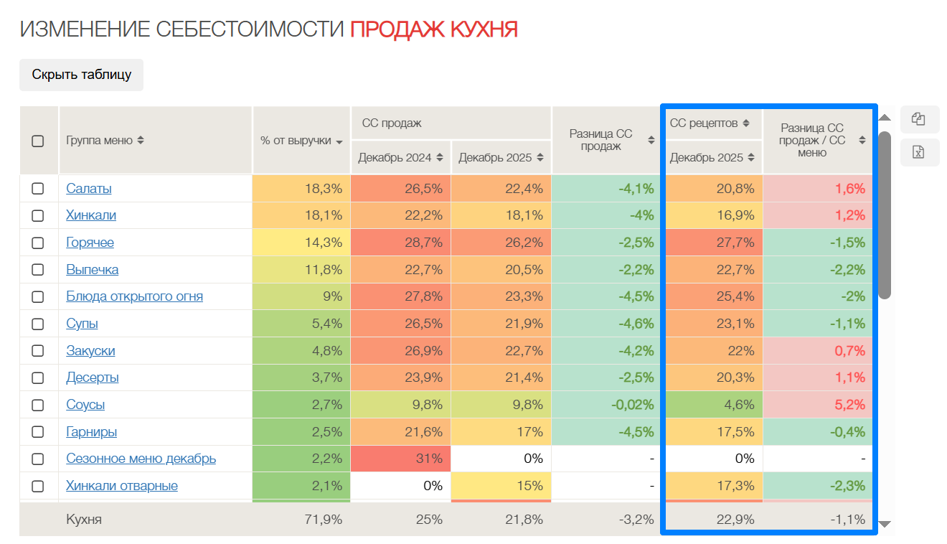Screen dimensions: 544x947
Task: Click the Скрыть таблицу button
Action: coord(81,75)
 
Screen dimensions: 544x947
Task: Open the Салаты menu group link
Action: coord(88,189)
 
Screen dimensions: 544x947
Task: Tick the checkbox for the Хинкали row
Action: coord(38,215)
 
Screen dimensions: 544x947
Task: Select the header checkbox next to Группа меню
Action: coord(38,141)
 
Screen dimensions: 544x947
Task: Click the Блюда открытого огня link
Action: coord(134,296)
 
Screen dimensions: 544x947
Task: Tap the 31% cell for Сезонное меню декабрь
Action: coord(401,459)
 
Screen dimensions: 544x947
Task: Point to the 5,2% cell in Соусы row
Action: coord(817,405)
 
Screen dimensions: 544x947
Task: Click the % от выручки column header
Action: coord(301,141)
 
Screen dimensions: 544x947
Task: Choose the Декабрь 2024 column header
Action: coord(400,157)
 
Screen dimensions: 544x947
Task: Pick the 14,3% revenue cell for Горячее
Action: coord(301,243)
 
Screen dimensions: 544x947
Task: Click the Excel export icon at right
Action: coord(918,151)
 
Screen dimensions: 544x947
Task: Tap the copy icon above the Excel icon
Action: coord(918,119)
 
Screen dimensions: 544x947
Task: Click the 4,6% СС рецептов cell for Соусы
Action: coord(713,405)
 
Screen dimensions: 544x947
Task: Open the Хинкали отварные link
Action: coord(121,486)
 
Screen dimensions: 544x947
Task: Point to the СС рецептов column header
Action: coord(710,123)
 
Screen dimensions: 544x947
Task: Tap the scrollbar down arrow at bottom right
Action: coord(885,524)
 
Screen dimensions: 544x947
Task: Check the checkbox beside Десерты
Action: coord(38,377)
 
